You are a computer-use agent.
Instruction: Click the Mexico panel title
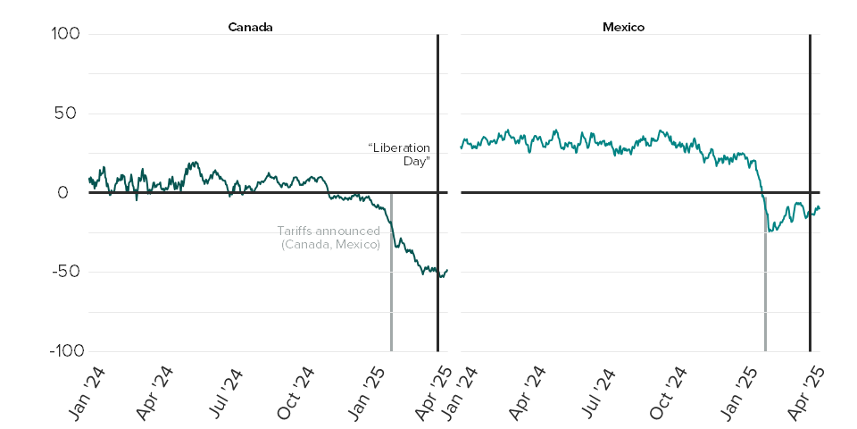(x=623, y=27)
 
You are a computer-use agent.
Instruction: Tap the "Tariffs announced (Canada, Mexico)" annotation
(x=329, y=237)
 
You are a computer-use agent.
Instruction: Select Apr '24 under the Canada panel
(x=156, y=391)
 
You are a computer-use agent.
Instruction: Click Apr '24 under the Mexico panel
(x=528, y=391)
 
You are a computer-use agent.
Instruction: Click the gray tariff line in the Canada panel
(x=391, y=304)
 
